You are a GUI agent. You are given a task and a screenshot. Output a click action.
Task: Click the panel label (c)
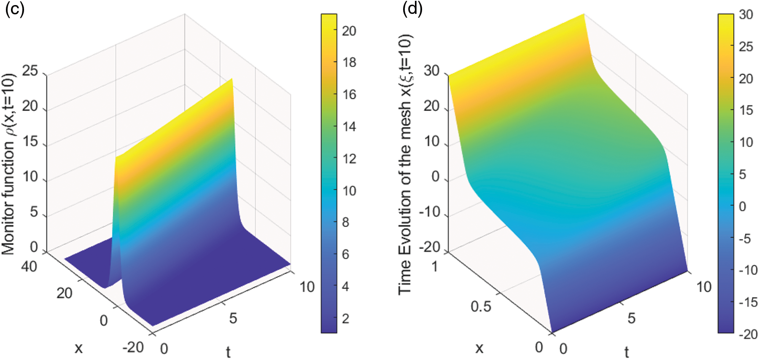coord(14,9)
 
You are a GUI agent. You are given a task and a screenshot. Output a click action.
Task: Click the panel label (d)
coord(412,9)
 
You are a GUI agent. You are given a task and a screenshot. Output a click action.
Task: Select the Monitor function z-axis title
coord(8,164)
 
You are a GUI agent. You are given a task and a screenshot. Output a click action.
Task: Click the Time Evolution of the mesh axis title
coord(405,164)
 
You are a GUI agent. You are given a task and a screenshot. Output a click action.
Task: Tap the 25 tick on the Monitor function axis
coord(30,71)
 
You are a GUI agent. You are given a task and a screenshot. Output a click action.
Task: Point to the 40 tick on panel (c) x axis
coord(29,266)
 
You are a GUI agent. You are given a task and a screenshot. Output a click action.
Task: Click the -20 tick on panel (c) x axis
coord(133,347)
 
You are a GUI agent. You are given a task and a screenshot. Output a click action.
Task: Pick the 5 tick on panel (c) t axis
coord(233,318)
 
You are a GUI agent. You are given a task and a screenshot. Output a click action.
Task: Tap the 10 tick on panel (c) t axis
coord(307,287)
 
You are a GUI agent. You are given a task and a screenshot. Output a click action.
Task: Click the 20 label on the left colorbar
coord(349,31)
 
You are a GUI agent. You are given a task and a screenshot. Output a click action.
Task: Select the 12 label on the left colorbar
coord(349,159)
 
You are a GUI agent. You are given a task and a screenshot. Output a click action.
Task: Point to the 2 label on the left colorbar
coord(346,319)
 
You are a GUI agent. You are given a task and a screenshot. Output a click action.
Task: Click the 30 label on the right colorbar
coord(746,15)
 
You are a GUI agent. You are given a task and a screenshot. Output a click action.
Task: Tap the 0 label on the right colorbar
coord(743,207)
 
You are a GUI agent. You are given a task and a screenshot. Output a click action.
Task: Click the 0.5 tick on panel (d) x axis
coord(481,306)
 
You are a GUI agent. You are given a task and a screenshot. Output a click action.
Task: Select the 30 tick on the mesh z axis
coord(431,71)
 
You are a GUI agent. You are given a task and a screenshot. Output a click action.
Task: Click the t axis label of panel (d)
coord(627,352)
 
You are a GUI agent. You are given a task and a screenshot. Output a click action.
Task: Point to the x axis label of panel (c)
coord(78,348)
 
